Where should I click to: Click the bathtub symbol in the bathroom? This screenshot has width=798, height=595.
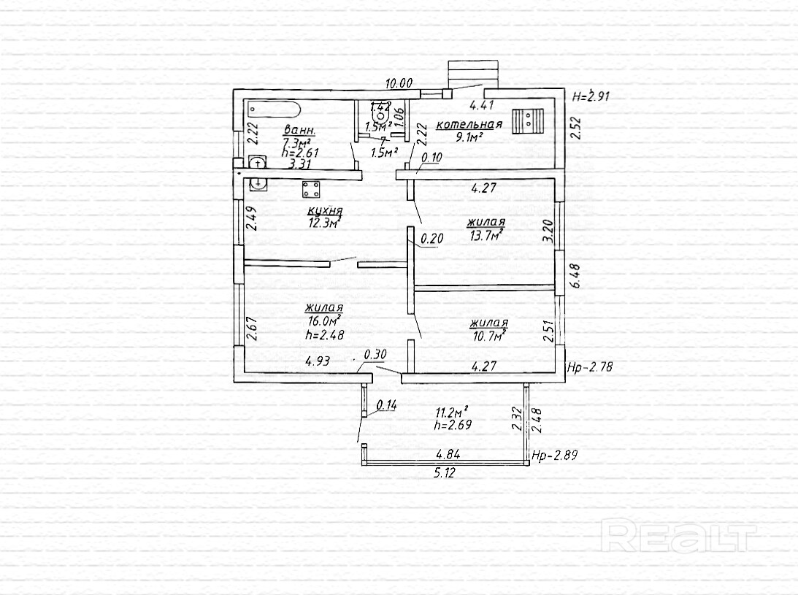pyautogui.click(x=274, y=110)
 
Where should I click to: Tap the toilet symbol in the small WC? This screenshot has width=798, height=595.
pyautogui.click(x=380, y=115)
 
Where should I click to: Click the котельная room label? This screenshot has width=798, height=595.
pyautogui.click(x=469, y=125)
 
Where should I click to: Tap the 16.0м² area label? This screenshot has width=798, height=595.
pyautogui.click(x=325, y=321)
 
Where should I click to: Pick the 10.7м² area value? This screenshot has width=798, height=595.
pyautogui.click(x=489, y=336)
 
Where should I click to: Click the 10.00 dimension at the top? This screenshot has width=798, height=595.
pyautogui.click(x=399, y=84)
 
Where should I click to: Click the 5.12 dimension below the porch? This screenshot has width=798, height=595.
pyautogui.click(x=445, y=472)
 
